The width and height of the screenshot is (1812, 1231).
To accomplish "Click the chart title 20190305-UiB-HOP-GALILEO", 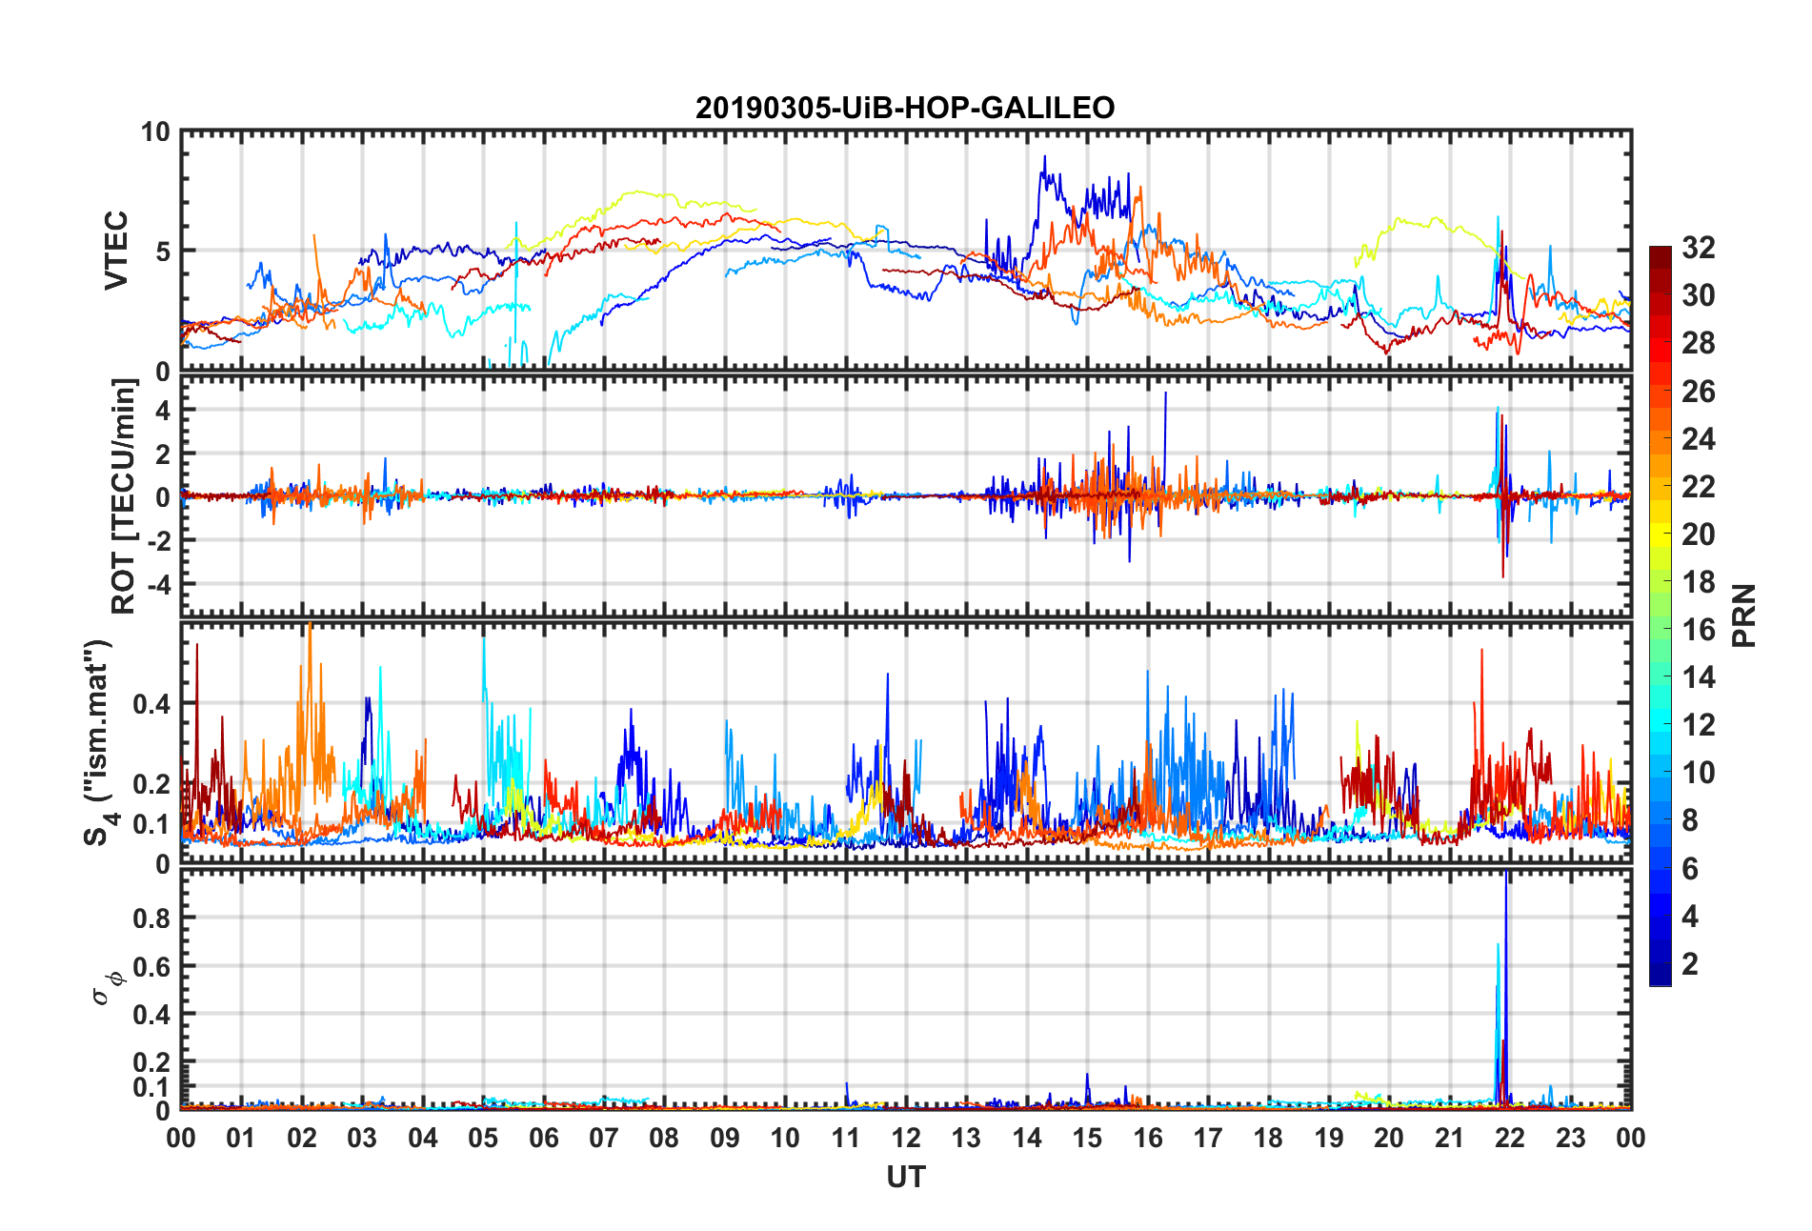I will point(905,108).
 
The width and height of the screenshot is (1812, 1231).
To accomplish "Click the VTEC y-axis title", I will point(116,251).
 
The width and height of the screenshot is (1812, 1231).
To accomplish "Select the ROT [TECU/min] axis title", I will point(125,496).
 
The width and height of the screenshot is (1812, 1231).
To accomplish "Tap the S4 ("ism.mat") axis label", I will point(98,742).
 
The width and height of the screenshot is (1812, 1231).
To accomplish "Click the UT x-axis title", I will point(905,1178).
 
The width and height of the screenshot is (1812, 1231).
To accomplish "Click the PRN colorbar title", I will point(1744,615).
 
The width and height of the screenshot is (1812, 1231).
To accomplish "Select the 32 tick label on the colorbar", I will point(1698,248).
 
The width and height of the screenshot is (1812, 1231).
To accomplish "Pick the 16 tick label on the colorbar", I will point(1698,630).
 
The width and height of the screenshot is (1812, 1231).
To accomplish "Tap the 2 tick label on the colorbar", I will point(1690,964).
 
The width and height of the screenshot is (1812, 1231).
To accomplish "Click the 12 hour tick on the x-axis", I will point(906,1139).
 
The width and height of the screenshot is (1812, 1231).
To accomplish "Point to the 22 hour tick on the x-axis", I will point(1510,1139).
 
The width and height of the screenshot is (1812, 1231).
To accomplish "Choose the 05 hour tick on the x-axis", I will point(483,1139).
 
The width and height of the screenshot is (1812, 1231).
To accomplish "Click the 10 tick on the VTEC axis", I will point(154,132).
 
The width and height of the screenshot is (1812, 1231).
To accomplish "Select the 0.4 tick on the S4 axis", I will point(151,704).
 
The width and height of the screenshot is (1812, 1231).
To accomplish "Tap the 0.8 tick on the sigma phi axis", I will point(151,918).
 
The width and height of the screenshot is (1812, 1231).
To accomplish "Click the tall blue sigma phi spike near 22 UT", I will point(1505,886).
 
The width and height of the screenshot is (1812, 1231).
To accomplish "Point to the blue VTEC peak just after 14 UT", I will point(1044,160).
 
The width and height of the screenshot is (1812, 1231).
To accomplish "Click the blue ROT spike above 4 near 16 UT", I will point(1164,396).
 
